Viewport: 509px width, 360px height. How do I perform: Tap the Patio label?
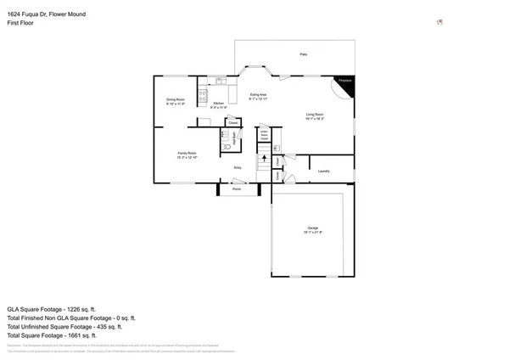click(303, 54)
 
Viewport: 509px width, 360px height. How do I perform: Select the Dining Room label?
click(175, 101)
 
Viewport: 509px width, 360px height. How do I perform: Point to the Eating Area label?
click(258, 96)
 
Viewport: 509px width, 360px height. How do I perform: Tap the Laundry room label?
click(323, 172)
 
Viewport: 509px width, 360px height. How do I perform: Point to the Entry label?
click(238, 167)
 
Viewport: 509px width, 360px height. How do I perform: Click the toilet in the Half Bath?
click(226, 147)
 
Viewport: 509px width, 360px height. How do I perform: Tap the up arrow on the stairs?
click(263, 161)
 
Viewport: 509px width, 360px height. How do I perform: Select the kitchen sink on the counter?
click(220, 82)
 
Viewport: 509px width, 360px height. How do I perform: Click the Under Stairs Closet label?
click(264, 134)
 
